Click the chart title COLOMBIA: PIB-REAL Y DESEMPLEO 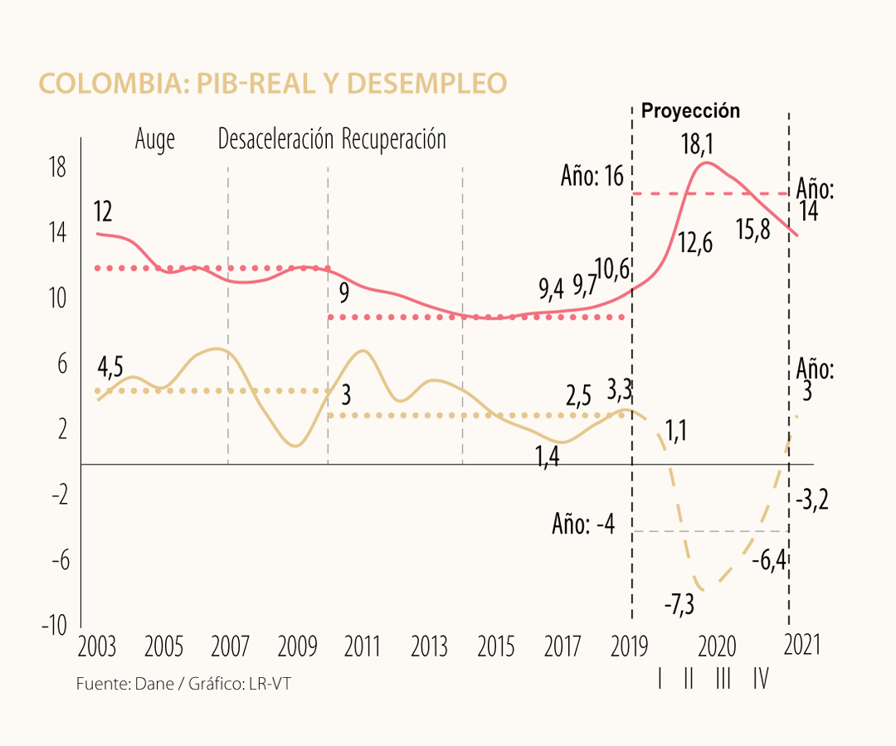(273, 84)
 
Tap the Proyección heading (690, 111)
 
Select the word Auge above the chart (155, 139)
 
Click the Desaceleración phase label (275, 139)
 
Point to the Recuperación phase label (394, 139)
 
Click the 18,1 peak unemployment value (697, 145)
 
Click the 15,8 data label (753, 229)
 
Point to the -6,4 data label (769, 561)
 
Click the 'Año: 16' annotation (592, 177)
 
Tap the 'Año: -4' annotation (583, 525)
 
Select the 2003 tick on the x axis (96, 647)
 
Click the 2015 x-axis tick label (496, 647)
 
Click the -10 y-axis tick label (55, 626)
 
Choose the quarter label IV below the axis (760, 681)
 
